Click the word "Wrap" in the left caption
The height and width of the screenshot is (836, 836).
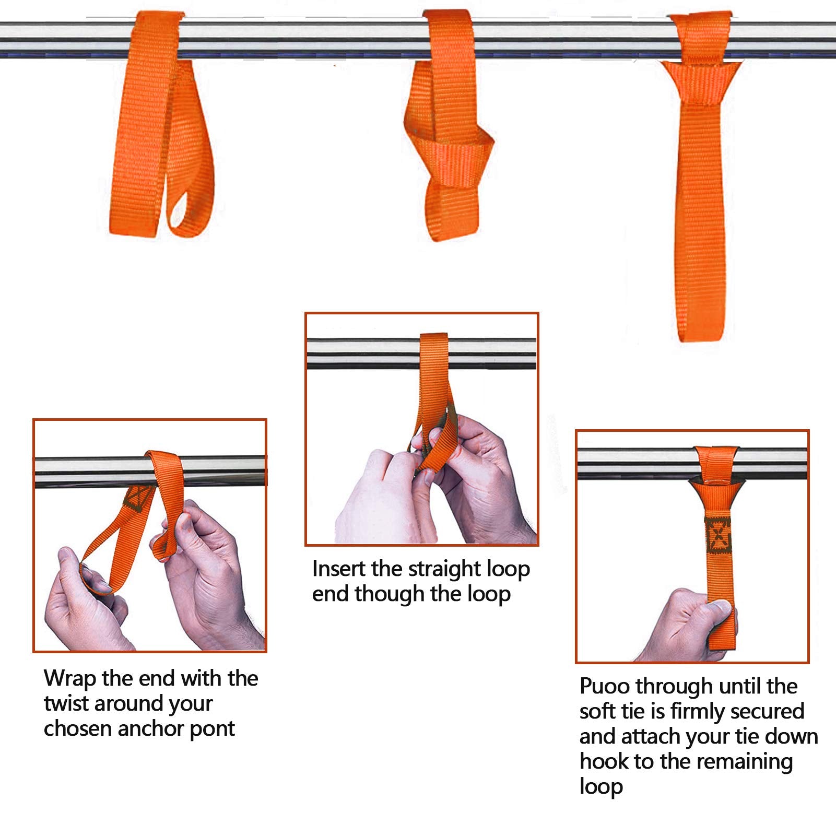[69, 678]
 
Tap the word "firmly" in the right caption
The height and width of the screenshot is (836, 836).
[699, 711]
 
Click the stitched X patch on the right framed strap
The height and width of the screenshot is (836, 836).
[718, 536]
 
